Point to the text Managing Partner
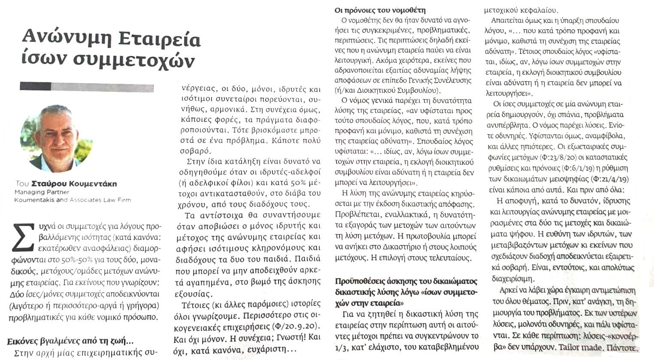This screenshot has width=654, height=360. click(36, 192)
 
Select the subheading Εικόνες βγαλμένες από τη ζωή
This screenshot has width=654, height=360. click(70, 341)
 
